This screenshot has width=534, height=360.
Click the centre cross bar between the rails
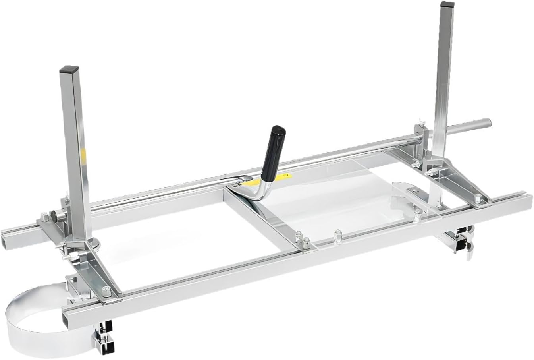point(262,223)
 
